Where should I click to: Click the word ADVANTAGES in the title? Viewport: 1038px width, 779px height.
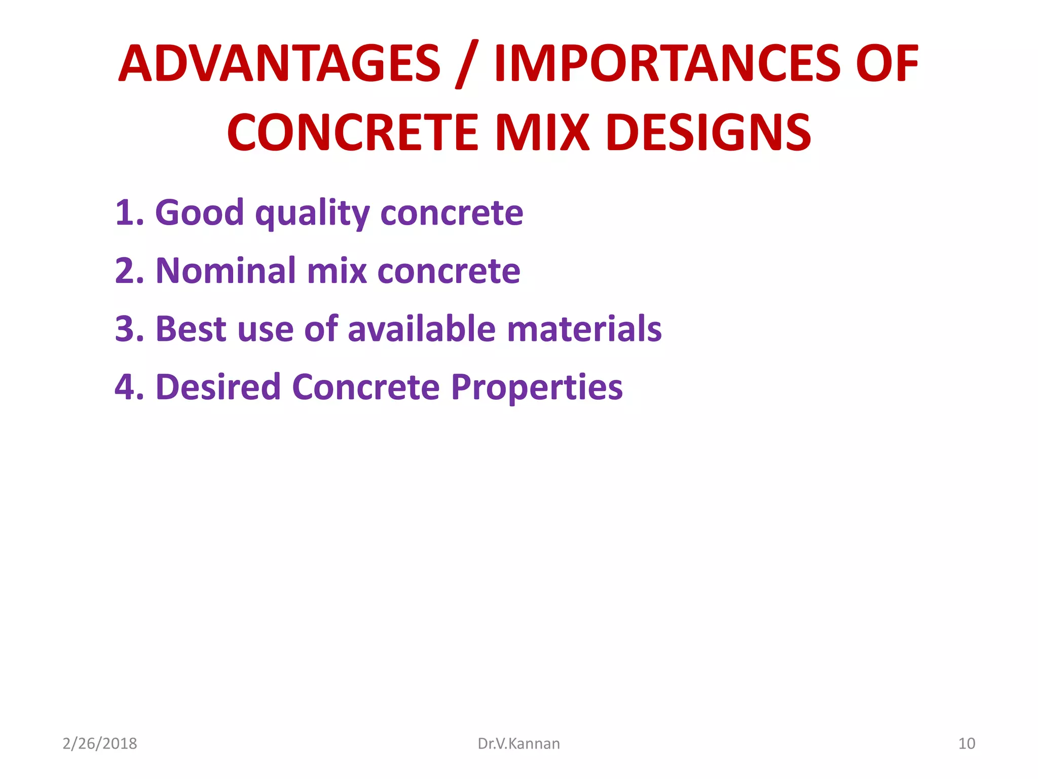279,64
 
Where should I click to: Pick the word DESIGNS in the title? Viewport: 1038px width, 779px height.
708,132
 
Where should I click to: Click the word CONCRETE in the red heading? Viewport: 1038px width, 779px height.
353,132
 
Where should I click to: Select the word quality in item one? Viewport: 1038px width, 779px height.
312,213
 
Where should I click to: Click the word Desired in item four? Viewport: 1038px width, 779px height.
218,387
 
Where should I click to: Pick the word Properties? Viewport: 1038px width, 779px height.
536,388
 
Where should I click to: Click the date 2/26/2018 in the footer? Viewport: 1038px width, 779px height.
100,743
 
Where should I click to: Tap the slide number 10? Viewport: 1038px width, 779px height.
967,743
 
